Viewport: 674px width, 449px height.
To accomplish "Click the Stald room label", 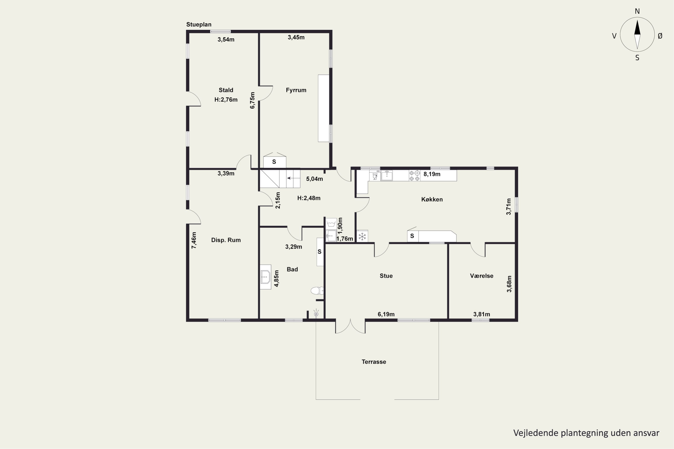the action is coord(226,90).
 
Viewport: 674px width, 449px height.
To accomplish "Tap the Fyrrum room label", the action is coord(296,90).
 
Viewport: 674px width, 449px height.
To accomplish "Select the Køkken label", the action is coord(432,199).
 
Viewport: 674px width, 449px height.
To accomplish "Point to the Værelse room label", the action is coord(481,276).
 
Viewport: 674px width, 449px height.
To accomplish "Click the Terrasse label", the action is coord(374,362).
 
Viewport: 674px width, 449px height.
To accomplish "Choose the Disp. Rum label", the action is coord(226,240).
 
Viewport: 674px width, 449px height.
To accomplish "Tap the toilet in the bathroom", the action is coord(317,291).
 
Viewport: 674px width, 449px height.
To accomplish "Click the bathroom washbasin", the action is coord(265,277).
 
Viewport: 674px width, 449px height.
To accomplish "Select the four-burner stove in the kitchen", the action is coord(414,176).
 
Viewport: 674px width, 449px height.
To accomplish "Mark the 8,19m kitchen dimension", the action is coord(432,174).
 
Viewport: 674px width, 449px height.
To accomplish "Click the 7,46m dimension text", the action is coord(194,240).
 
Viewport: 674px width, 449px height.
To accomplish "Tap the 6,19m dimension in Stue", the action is coord(386,314).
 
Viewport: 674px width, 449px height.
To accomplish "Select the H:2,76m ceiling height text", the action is coord(226,100).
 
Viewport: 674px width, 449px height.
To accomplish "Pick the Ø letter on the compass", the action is coord(660,36).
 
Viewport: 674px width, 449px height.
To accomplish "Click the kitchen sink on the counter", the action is coord(387,176).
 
